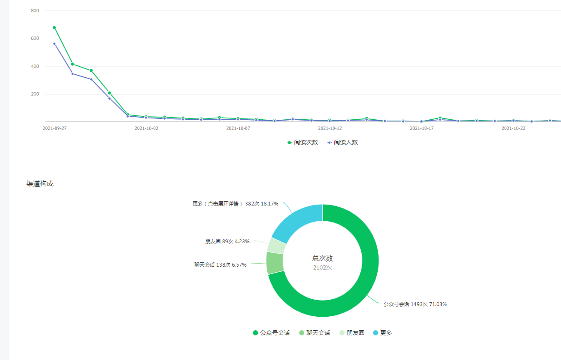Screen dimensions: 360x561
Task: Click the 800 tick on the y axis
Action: coord(35,11)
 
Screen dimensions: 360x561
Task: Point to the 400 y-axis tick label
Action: coord(35,66)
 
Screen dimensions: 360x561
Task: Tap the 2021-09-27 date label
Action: coord(54,128)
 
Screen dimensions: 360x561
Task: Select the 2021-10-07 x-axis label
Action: coord(238,128)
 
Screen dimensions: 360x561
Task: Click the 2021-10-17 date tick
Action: coord(421,128)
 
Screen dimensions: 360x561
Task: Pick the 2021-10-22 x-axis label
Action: coord(513,128)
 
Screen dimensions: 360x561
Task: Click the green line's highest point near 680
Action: coord(54,28)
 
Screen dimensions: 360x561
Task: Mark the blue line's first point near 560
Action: coord(54,44)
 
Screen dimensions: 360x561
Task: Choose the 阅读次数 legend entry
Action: coord(303,143)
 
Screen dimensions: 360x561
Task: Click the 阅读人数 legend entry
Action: coord(342,143)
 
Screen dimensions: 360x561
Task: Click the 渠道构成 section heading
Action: coord(40,184)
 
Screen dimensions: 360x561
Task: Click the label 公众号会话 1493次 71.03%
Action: coord(415,304)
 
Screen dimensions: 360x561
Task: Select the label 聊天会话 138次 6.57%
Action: coord(220,265)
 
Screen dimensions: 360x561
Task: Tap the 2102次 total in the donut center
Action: coord(323,268)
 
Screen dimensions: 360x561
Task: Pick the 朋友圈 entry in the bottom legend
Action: coord(352,333)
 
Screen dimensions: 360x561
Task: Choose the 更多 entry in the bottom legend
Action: coord(382,333)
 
